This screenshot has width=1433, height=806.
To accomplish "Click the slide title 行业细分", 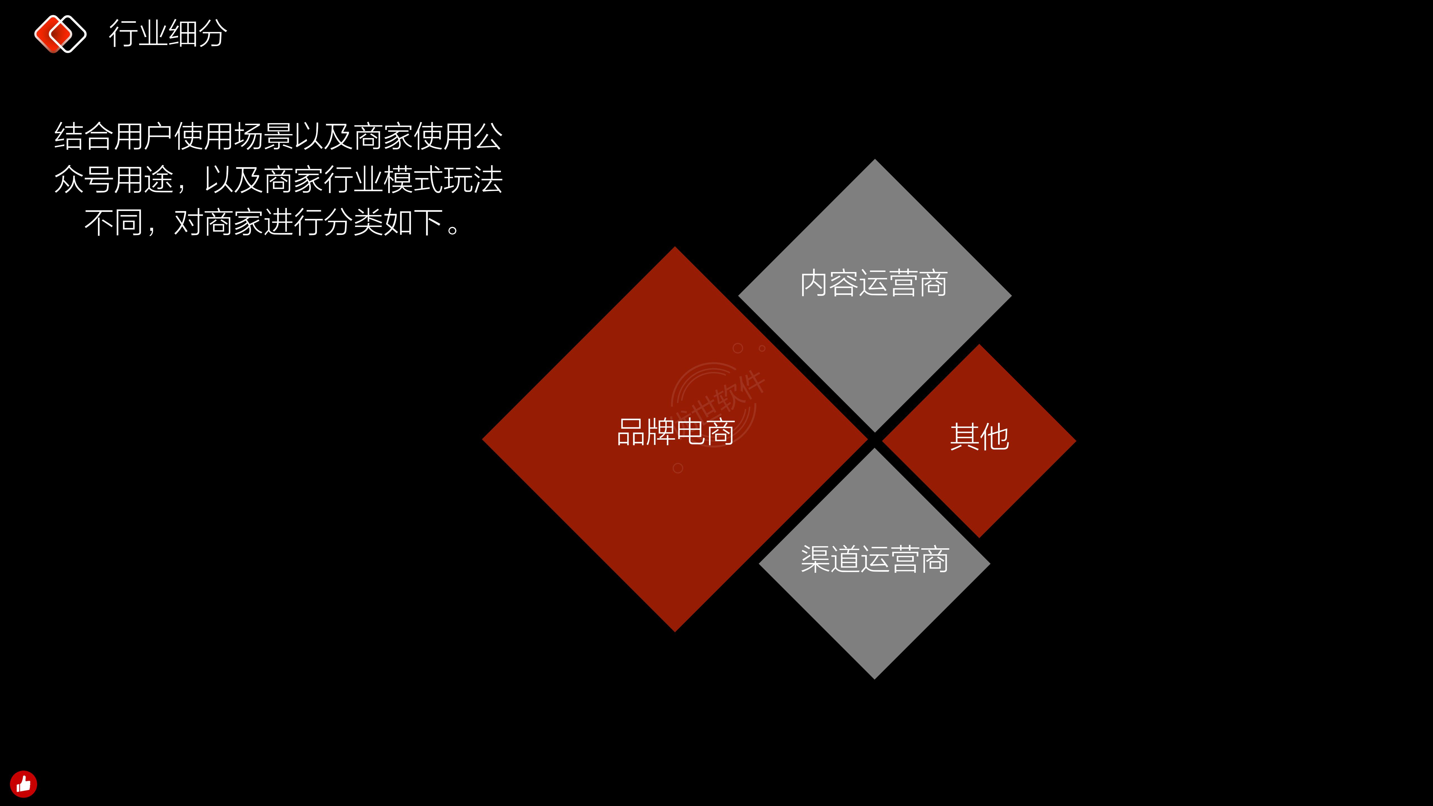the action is (x=168, y=33).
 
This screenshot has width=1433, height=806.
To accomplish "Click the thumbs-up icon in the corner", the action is (x=23, y=784).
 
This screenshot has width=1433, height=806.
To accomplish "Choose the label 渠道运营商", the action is (x=874, y=559).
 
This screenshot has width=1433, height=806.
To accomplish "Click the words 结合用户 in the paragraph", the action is (x=113, y=136).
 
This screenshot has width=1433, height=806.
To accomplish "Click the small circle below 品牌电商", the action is (x=678, y=468).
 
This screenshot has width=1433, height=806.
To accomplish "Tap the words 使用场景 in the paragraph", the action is (x=234, y=136).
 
